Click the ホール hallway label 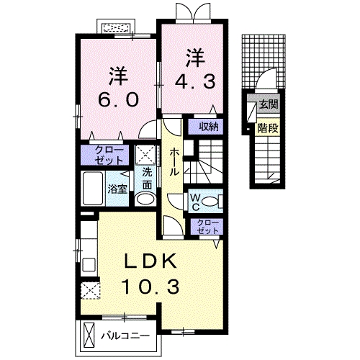point(175,163)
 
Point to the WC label point(195,201)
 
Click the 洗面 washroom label point(147,176)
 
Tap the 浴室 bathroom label point(117,189)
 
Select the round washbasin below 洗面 point(145,199)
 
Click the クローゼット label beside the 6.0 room point(109,155)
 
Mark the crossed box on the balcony point(89,336)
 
